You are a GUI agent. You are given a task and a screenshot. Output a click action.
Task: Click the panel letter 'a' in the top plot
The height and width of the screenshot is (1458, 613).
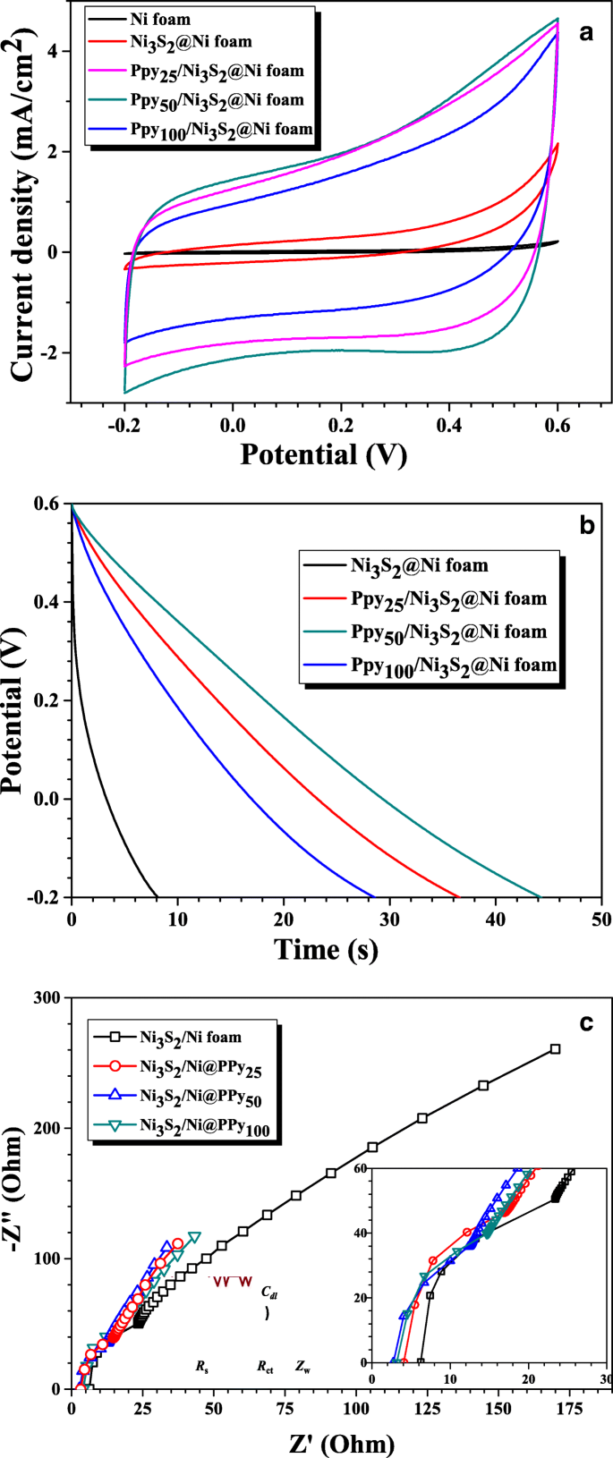[x=587, y=34]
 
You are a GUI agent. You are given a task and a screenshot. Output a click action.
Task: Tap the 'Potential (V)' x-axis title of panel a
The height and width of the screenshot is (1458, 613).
[x=323, y=454]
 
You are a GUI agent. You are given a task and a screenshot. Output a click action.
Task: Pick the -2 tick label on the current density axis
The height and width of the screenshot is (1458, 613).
[x=49, y=352]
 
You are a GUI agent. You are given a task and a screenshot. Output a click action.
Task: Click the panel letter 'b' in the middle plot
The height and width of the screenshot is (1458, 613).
[x=587, y=525]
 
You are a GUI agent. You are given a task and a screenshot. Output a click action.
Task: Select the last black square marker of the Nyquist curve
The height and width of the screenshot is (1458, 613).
[x=555, y=1048]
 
